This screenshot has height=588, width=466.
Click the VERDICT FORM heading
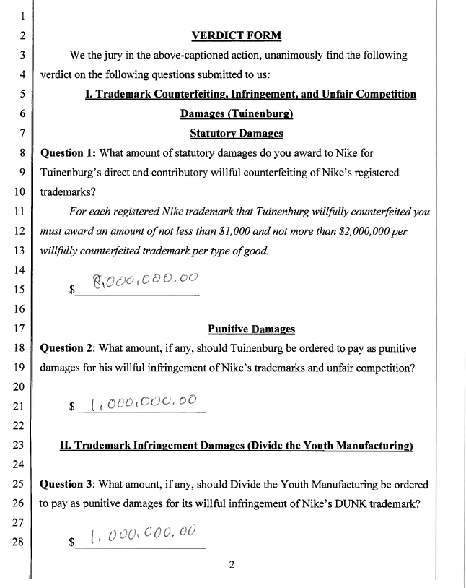pos(236,35)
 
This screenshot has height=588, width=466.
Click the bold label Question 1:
pos(68,153)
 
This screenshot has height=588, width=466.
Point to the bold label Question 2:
pos(68,348)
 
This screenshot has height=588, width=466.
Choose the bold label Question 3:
pos(68,484)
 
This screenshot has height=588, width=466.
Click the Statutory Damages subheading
pos(236,134)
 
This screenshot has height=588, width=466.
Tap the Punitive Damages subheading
pos(251,329)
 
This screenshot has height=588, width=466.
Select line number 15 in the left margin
pos(20,290)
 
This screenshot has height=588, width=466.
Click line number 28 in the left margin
pos(20,543)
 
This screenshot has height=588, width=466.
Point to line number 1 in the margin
pos(22,15)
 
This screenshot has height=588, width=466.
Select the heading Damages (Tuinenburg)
pos(236,114)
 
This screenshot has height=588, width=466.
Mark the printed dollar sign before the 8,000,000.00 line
pos(71,290)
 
